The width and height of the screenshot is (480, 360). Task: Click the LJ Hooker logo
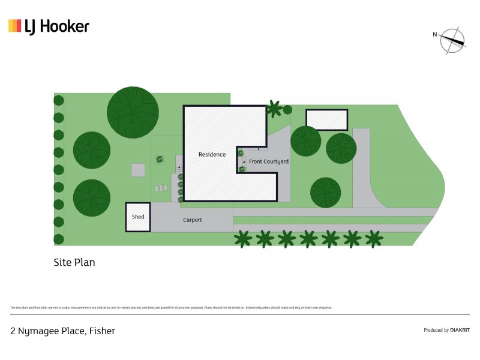[x=49, y=26]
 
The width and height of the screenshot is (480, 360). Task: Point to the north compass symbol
[x=453, y=40]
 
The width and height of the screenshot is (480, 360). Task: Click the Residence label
[x=212, y=154]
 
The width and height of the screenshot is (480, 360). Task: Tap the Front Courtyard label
[x=269, y=162]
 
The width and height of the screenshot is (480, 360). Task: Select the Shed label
[x=138, y=217]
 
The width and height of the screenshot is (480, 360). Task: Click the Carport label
[x=193, y=220]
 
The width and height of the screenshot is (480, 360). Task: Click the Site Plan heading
[x=74, y=262]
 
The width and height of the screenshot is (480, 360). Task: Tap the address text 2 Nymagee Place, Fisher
[x=62, y=331]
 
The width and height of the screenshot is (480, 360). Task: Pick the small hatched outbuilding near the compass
[x=327, y=119]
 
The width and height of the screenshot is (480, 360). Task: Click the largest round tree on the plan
[x=133, y=112]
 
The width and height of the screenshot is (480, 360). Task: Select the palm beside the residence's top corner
[x=274, y=109]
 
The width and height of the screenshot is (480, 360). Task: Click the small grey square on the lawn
[x=138, y=170]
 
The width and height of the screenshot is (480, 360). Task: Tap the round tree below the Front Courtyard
[x=326, y=193]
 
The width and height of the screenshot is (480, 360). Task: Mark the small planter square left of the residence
[x=160, y=160]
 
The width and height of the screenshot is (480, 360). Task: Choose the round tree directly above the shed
[x=92, y=197]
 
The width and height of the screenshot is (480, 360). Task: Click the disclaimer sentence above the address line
[x=171, y=308]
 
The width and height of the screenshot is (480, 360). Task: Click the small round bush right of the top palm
[x=287, y=109]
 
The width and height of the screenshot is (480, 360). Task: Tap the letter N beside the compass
[x=435, y=34]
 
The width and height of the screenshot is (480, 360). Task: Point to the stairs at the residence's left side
[x=178, y=169]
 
